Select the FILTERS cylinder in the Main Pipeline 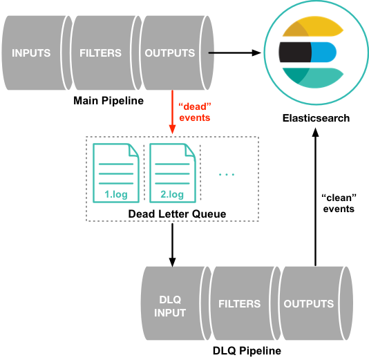point(101,53)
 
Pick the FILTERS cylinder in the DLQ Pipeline point(239,303)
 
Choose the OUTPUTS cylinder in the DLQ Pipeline point(309,303)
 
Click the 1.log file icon point(113,173)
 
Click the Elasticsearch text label point(316,118)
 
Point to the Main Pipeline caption point(108,101)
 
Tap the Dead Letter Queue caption point(177,214)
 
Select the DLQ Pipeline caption point(247,350)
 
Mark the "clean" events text point(339,202)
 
